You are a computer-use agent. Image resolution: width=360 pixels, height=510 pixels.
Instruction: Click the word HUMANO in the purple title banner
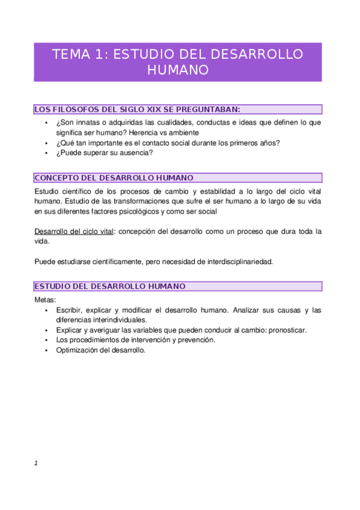[178, 70]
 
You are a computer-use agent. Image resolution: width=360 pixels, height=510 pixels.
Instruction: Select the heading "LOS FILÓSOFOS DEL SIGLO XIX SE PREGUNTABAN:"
[138, 109]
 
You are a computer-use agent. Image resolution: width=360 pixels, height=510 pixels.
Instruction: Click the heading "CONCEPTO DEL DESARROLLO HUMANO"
[114, 178]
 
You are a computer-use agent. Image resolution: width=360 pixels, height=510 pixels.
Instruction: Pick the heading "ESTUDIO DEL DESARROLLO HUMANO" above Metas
[110, 286]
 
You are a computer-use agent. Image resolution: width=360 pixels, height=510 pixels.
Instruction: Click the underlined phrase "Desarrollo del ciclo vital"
[74, 232]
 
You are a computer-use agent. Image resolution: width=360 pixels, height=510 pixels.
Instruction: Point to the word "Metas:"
[46, 300]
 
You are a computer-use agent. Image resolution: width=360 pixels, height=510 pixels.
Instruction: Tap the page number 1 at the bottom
[36, 463]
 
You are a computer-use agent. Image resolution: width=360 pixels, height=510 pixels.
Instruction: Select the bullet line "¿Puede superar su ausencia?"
[105, 153]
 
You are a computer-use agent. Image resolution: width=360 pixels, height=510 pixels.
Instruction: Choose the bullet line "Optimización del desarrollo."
[101, 350]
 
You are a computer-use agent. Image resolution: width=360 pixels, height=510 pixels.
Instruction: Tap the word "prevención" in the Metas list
[195, 340]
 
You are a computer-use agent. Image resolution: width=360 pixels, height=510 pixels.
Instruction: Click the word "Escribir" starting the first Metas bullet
[70, 310]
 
